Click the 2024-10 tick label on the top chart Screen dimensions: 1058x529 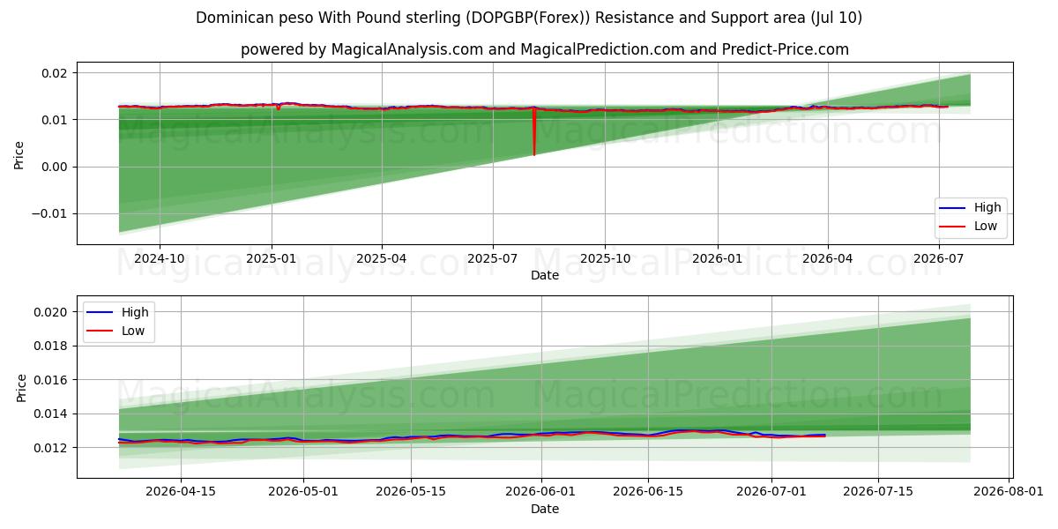[160, 259]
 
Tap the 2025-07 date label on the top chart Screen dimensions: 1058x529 [493, 259]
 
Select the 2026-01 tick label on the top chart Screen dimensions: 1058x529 [718, 259]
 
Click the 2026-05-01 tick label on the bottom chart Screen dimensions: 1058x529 [303, 492]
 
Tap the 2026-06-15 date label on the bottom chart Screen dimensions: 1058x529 [648, 492]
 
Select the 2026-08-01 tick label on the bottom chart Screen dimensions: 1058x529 [1009, 492]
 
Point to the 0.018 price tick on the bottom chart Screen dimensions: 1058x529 [50, 346]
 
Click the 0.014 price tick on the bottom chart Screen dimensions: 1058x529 [50, 414]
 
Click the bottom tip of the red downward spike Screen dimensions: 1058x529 [534, 155]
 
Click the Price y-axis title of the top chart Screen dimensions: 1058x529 [19, 155]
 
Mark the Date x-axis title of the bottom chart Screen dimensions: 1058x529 [545, 510]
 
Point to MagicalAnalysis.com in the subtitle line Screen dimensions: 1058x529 [407, 49]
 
